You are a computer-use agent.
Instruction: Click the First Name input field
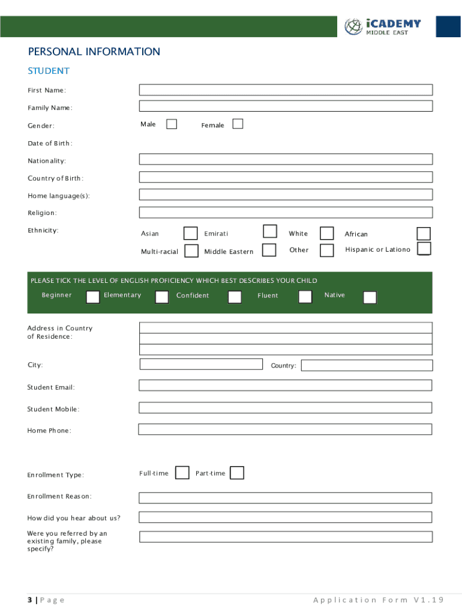click(286, 90)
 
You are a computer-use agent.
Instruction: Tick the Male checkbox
click(172, 124)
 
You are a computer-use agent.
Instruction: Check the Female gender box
click(238, 124)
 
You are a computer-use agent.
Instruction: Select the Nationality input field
click(286, 159)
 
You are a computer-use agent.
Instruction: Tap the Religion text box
click(286, 213)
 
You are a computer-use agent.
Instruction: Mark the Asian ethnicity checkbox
click(190, 233)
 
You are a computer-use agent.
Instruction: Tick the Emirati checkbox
click(270, 232)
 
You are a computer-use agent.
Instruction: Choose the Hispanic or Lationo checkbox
click(424, 249)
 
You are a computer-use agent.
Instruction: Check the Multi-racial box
click(191, 250)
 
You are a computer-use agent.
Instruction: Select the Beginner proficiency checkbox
click(93, 297)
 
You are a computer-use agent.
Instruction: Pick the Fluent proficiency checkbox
click(305, 297)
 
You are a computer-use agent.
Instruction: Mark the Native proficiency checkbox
click(370, 297)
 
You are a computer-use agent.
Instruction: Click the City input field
click(201, 364)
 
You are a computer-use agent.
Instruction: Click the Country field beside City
click(366, 365)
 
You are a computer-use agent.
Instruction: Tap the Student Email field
click(286, 386)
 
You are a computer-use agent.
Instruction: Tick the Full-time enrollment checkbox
click(182, 473)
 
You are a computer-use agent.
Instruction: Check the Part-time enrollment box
click(237, 473)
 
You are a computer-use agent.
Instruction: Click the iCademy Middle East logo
click(383, 26)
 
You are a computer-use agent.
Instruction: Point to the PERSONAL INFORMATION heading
click(94, 52)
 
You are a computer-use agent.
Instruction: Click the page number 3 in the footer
click(29, 600)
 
